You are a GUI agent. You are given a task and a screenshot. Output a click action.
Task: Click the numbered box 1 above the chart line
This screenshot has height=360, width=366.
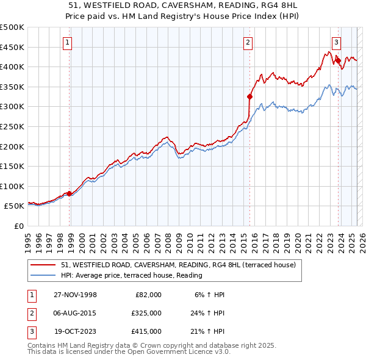(66, 43)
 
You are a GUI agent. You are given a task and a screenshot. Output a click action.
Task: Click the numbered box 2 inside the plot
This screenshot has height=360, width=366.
(248, 43)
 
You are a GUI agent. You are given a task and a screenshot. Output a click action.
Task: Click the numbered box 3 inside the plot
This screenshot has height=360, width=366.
(336, 43)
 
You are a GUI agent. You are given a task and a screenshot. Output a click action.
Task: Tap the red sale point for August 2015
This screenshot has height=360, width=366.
(249, 96)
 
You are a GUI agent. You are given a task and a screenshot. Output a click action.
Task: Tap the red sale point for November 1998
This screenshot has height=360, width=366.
(69, 193)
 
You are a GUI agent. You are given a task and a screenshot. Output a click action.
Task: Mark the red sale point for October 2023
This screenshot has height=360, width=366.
(338, 60)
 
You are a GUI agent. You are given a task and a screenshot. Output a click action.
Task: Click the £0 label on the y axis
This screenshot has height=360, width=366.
(18, 226)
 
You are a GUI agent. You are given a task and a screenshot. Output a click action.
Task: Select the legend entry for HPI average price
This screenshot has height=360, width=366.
(132, 276)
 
